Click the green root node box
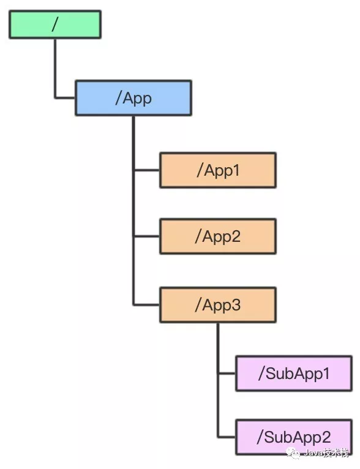[x=55, y=24]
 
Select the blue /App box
[x=133, y=98]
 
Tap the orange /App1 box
[x=218, y=170]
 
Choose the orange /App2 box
[x=218, y=236]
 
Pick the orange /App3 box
[x=218, y=305]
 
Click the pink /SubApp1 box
[x=294, y=373]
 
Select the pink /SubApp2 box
[x=294, y=437]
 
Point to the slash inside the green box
[x=54, y=24]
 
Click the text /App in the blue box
[x=133, y=99]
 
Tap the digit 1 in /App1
[x=236, y=170]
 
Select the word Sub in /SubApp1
[x=279, y=373]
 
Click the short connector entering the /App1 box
[x=146, y=170]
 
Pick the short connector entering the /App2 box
[x=146, y=236]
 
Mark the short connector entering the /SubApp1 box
[x=227, y=373]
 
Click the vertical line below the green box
[x=55, y=68]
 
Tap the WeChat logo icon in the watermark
[x=293, y=452]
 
